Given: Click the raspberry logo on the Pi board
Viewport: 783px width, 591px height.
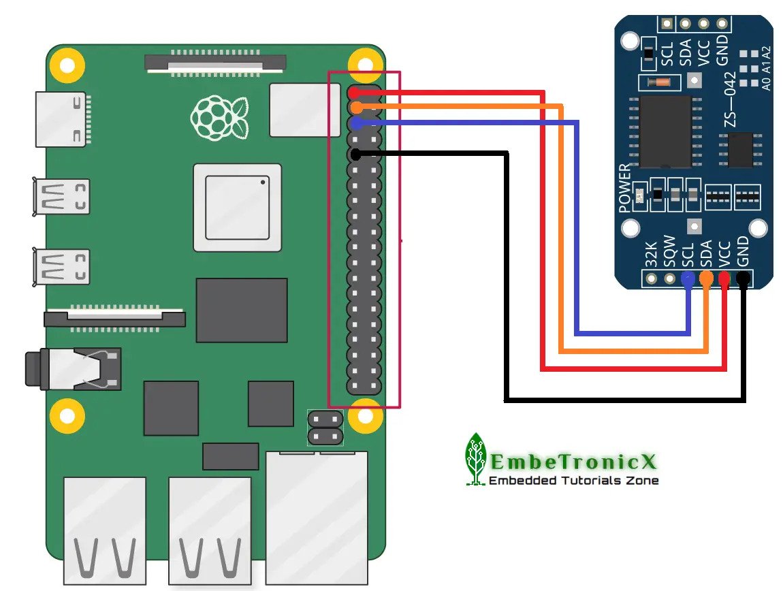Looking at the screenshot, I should pyautogui.click(x=219, y=116).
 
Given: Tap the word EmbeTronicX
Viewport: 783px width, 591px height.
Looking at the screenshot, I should pyautogui.click(x=574, y=463).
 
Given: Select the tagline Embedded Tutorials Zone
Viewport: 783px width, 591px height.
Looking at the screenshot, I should pyautogui.click(x=574, y=481).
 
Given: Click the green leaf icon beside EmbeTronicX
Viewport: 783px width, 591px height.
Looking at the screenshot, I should pyautogui.click(x=476, y=459).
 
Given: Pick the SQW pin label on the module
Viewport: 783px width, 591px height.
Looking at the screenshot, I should pyautogui.click(x=669, y=252).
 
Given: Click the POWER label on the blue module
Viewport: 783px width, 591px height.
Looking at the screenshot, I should pyautogui.click(x=625, y=189).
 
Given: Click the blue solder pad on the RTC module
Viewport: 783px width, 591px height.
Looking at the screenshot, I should pyautogui.click(x=688, y=278).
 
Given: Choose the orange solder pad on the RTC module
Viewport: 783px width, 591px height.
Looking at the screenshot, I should pyautogui.click(x=707, y=278).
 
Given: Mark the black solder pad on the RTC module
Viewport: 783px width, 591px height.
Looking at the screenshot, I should pyautogui.click(x=744, y=278).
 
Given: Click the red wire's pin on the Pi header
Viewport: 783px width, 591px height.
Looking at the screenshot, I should pyautogui.click(x=355, y=92).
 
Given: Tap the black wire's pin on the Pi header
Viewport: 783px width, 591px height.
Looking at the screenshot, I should pyautogui.click(x=355, y=155).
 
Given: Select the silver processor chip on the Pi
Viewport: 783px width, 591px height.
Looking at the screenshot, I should pyautogui.click(x=237, y=208).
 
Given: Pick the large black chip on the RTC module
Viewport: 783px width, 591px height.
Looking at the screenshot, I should pyautogui.click(x=665, y=131).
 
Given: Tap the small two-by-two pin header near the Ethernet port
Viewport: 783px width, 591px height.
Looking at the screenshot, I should pyautogui.click(x=324, y=427).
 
